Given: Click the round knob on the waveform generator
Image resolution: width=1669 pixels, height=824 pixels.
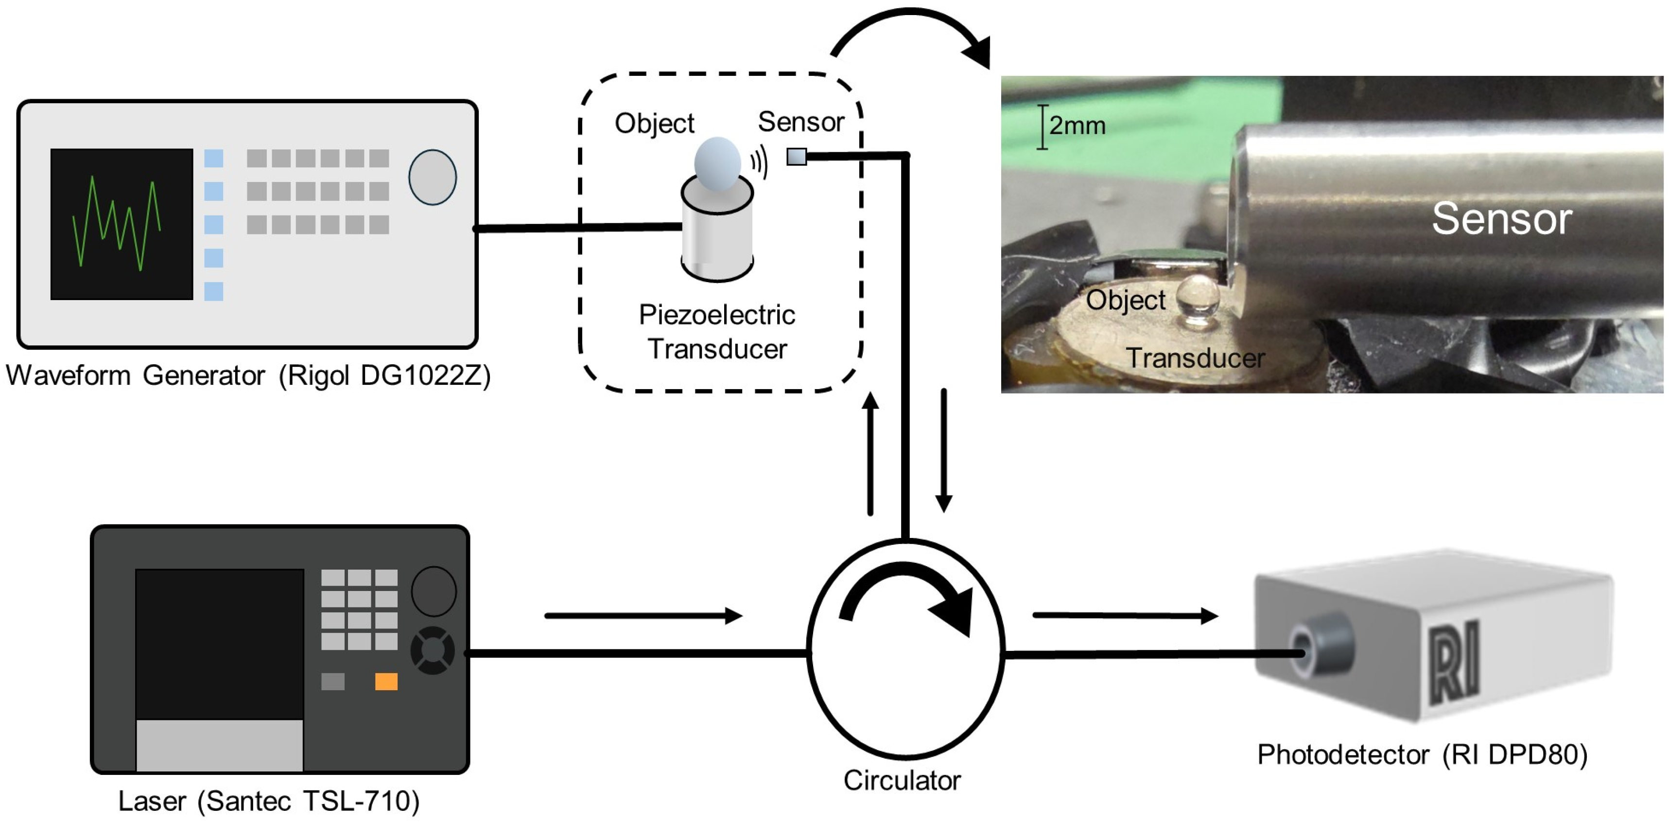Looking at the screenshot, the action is click(x=432, y=177).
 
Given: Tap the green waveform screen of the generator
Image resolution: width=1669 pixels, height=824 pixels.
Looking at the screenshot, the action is click(x=122, y=224).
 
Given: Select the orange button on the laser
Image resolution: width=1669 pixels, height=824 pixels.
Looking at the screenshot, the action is click(x=386, y=681).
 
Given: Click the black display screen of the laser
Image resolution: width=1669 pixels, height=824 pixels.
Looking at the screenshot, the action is click(x=220, y=644).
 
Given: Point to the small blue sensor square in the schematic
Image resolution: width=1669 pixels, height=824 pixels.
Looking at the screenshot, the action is click(x=796, y=156).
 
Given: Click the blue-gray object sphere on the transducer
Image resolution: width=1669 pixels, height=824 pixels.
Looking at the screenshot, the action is click(x=717, y=164).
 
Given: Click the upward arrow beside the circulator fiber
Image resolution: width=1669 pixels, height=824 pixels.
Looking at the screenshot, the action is click(x=871, y=453).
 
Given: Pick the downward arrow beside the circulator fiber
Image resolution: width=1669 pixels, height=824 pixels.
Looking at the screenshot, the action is click(x=944, y=450).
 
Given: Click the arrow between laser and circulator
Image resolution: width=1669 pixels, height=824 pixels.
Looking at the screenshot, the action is click(x=643, y=615).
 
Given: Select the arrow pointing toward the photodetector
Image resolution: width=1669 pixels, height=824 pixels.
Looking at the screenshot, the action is click(x=1126, y=615).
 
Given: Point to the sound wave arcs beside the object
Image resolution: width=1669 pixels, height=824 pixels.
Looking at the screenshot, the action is click(x=759, y=161).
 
